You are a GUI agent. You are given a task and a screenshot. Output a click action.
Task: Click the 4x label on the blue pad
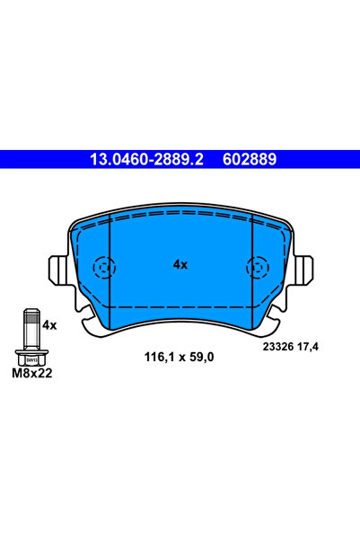(x=180, y=265)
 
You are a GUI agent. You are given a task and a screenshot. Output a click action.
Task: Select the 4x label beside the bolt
(x=49, y=324)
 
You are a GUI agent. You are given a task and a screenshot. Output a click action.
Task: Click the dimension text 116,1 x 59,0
(x=180, y=357)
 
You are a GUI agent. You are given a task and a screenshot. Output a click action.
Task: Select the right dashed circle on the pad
(x=255, y=267)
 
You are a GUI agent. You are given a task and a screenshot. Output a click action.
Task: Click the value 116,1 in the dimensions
(x=158, y=357)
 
